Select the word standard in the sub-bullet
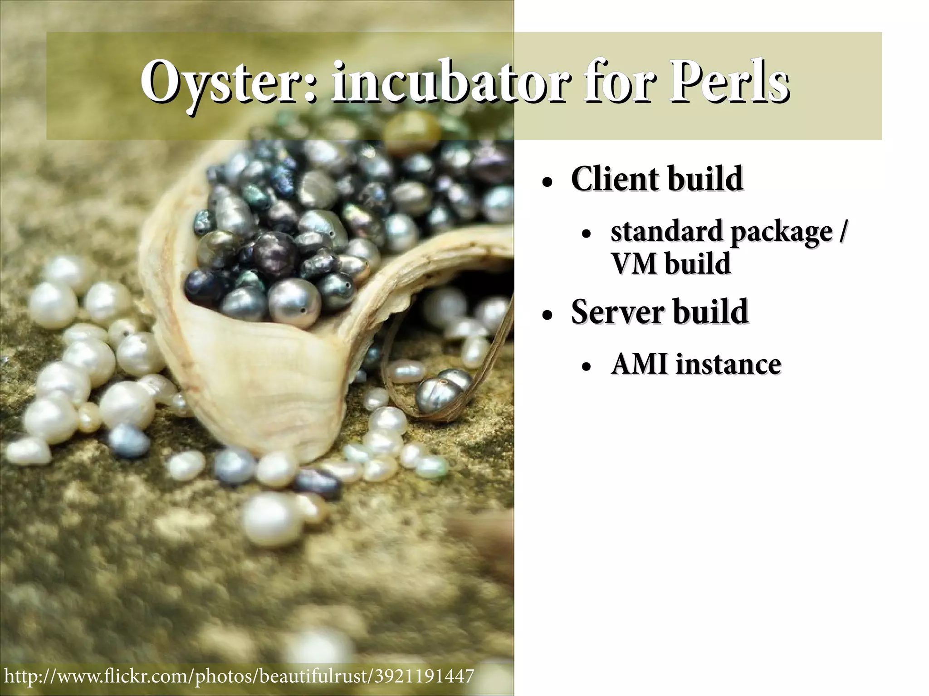tap(667, 232)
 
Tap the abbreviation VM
tap(634, 264)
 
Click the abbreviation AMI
tap(640, 364)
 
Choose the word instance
tap(729, 364)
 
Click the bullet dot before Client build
tap(548, 183)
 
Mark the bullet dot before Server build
tap(548, 316)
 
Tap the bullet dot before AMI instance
tap(587, 368)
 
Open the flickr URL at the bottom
tap(239, 676)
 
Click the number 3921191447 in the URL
tap(424, 676)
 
